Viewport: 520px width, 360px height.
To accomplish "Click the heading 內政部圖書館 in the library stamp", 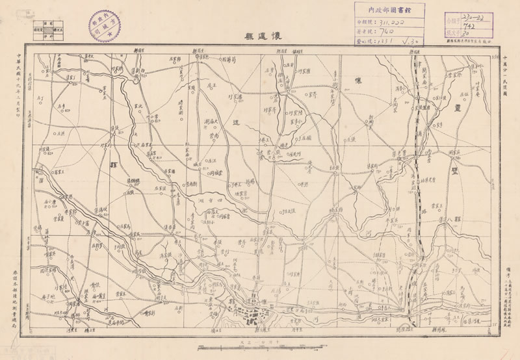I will [x=389, y=10].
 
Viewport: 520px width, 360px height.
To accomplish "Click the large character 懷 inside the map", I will [x=357, y=81].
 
